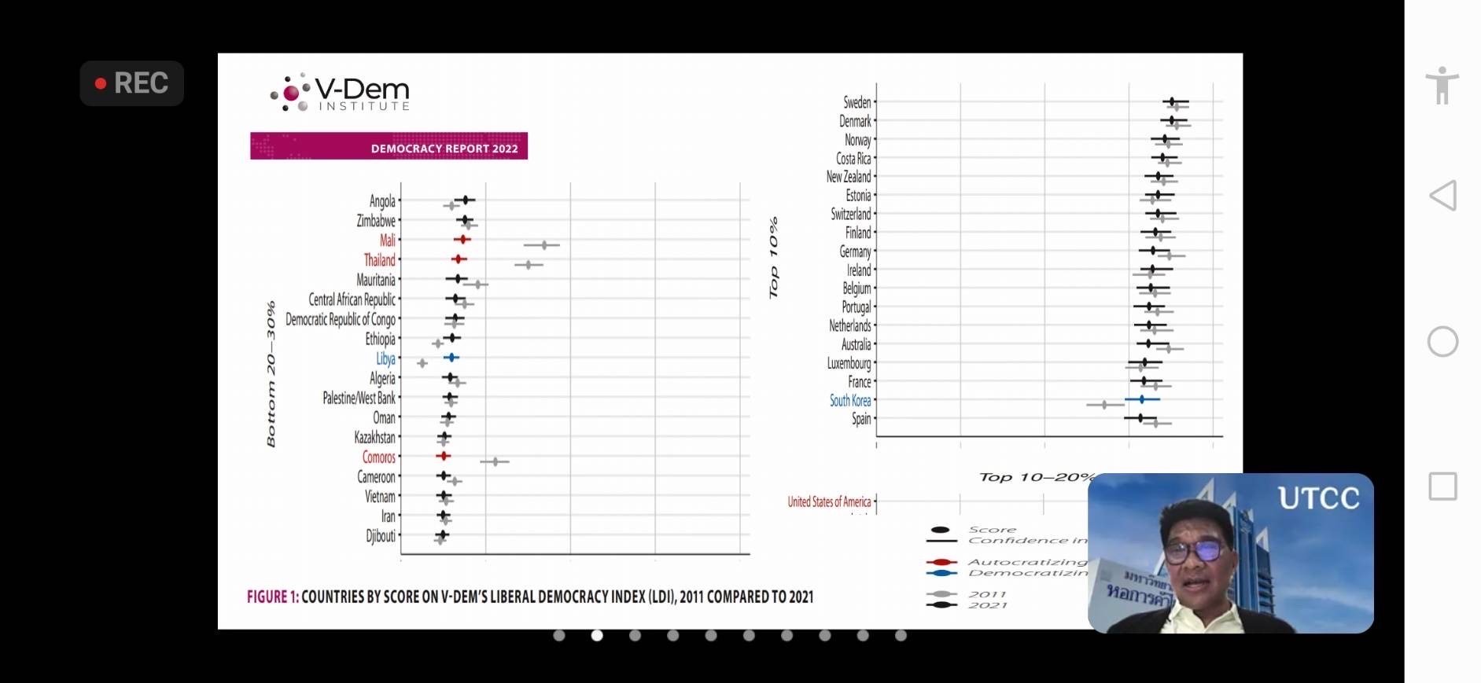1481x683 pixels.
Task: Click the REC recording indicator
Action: (x=131, y=83)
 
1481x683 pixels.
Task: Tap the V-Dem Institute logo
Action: (x=340, y=94)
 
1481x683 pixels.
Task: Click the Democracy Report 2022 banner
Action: (x=389, y=146)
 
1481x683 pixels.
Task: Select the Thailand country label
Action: (x=379, y=260)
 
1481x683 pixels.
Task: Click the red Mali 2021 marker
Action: (x=462, y=239)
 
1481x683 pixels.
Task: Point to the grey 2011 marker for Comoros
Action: (x=495, y=461)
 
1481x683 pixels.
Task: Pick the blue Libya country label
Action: (x=385, y=358)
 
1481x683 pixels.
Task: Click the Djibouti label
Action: (x=381, y=536)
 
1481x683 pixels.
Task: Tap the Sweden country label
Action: (x=857, y=102)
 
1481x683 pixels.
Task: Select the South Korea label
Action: (x=849, y=400)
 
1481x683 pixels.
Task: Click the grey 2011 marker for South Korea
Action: (x=1104, y=405)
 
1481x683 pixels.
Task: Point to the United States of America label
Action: (x=829, y=501)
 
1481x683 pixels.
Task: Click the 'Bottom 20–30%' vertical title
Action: (x=271, y=374)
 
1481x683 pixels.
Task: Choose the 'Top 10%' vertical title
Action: (x=773, y=258)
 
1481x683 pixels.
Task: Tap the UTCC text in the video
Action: (x=1318, y=498)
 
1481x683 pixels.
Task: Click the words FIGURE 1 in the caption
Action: (x=272, y=597)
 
